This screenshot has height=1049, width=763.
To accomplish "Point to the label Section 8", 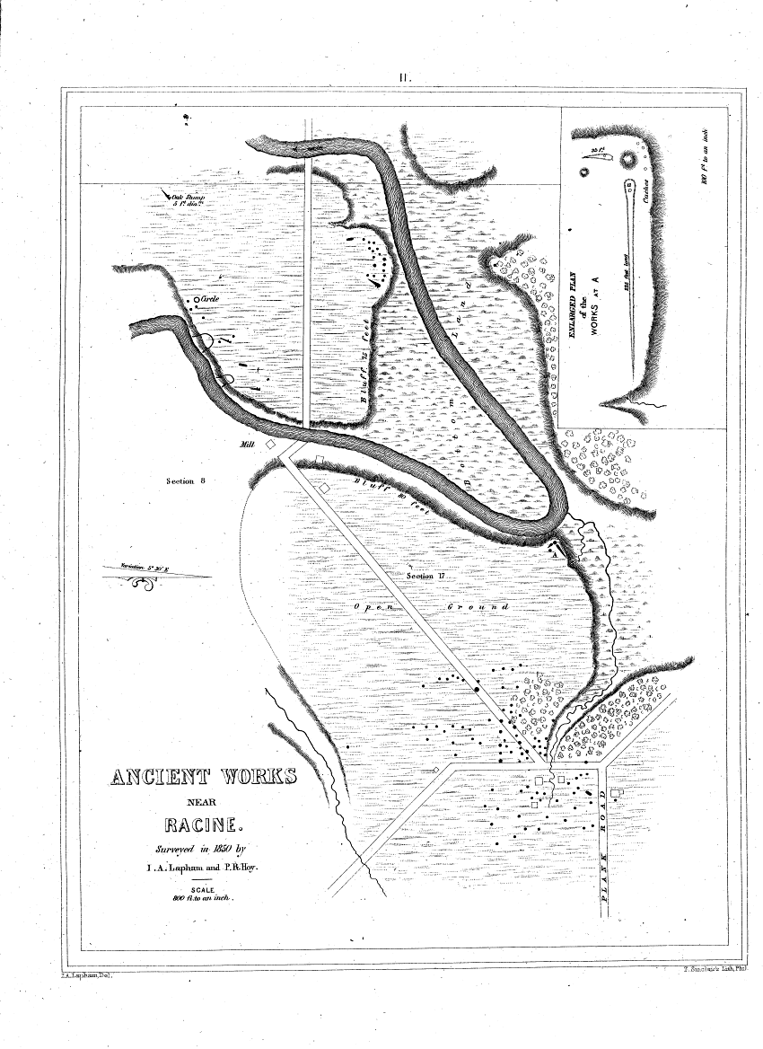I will point(188,482).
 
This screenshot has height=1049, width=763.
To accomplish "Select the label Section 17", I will point(425,576).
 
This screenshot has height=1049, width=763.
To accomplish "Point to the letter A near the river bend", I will point(556,555).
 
